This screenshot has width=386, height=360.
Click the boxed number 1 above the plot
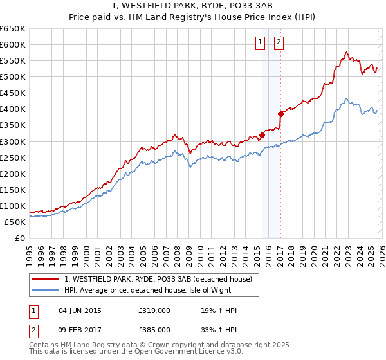[x=261, y=43]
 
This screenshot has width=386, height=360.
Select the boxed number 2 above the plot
[x=279, y=43]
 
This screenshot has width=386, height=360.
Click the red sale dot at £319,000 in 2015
[x=262, y=135]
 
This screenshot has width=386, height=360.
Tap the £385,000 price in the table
[x=154, y=329]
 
